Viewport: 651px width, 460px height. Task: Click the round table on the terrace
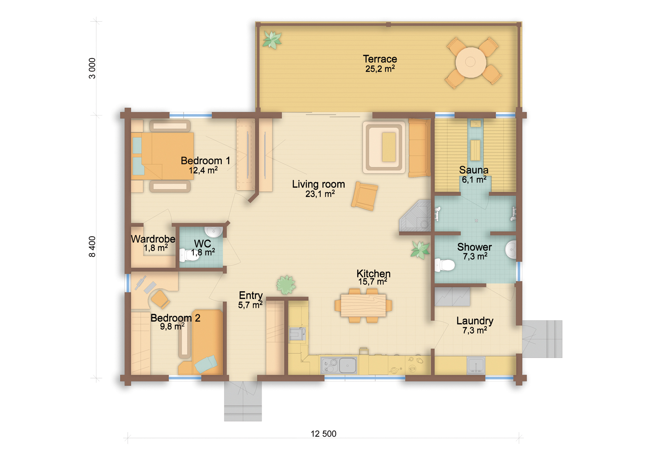click(x=471, y=62)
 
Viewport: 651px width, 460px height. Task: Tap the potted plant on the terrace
click(x=272, y=40)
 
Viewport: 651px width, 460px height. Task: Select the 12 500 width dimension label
click(x=323, y=434)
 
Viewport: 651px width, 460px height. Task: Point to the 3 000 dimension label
click(x=92, y=68)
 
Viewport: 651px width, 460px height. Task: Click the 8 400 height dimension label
click(x=92, y=246)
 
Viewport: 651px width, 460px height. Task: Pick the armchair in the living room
click(x=365, y=196)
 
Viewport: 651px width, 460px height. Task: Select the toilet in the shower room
click(x=444, y=265)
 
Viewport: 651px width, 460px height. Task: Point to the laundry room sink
click(x=476, y=365)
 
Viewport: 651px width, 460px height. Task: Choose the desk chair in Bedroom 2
click(x=160, y=299)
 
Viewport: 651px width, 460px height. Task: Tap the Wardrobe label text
click(x=153, y=239)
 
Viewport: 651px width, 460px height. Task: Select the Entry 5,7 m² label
click(x=250, y=300)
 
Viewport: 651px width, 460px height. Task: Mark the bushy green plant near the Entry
click(x=286, y=285)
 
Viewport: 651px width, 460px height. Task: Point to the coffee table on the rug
click(x=389, y=147)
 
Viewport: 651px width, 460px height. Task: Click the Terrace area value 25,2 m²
click(x=380, y=69)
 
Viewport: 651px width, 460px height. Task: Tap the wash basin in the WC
click(x=213, y=232)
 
